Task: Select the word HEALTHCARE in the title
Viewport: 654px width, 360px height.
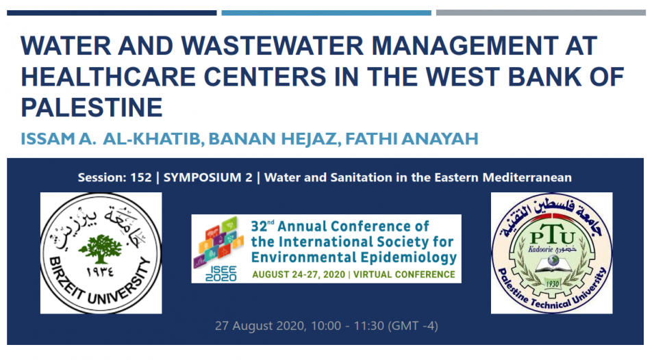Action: coord(108,77)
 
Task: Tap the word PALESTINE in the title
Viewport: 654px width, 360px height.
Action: coord(92,107)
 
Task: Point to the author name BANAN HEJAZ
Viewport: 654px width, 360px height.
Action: coord(273,139)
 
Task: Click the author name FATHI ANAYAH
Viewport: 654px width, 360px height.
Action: coord(412,139)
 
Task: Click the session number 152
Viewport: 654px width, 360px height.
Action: coord(140,177)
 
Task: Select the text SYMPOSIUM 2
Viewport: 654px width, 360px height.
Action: coord(207,177)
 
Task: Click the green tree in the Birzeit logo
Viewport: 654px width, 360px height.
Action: coord(100,248)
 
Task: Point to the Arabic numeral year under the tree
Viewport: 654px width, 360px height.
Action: coord(100,272)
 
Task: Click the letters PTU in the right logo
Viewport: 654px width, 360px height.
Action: coord(552,237)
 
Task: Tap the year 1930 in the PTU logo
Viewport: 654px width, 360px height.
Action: coord(552,284)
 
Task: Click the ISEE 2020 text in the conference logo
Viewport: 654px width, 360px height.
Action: coord(221,274)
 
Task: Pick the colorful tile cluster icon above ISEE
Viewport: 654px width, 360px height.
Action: coord(218,242)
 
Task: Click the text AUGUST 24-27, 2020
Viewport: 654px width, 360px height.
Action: coord(299,274)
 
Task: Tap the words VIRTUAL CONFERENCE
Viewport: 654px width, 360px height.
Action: coord(404,274)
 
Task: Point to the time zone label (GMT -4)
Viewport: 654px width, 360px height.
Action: coord(413,326)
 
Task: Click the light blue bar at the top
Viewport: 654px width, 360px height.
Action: coord(326,13)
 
